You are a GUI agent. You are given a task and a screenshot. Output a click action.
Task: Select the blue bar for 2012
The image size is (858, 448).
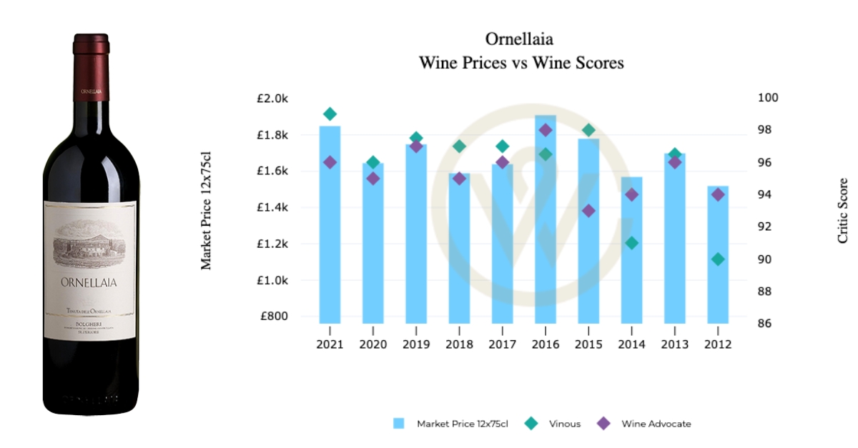tap(718, 257)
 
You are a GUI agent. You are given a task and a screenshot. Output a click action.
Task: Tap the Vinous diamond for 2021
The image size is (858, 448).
tap(330, 114)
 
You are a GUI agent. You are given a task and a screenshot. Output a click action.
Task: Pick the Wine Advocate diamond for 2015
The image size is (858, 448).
tap(588, 211)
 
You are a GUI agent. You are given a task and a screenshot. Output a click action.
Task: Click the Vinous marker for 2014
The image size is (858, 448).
tap(631, 243)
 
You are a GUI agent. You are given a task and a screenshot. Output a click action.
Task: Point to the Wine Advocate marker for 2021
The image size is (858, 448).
tap(330, 162)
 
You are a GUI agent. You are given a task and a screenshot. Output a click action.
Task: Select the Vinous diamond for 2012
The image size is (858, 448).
tap(718, 259)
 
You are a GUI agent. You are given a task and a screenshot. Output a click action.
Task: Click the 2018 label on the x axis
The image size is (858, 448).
tap(459, 344)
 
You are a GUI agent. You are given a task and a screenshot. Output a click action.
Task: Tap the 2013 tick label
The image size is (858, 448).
tap(674, 344)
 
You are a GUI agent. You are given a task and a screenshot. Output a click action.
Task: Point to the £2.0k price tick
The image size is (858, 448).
tap(272, 99)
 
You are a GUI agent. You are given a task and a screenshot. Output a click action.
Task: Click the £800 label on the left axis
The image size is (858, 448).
tap(274, 317)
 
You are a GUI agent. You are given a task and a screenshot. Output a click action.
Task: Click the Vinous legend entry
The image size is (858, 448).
tap(553, 424)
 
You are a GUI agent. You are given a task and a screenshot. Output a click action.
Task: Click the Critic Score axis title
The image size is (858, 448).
tap(843, 211)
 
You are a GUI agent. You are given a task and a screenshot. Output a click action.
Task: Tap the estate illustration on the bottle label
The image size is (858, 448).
tap(90, 242)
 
